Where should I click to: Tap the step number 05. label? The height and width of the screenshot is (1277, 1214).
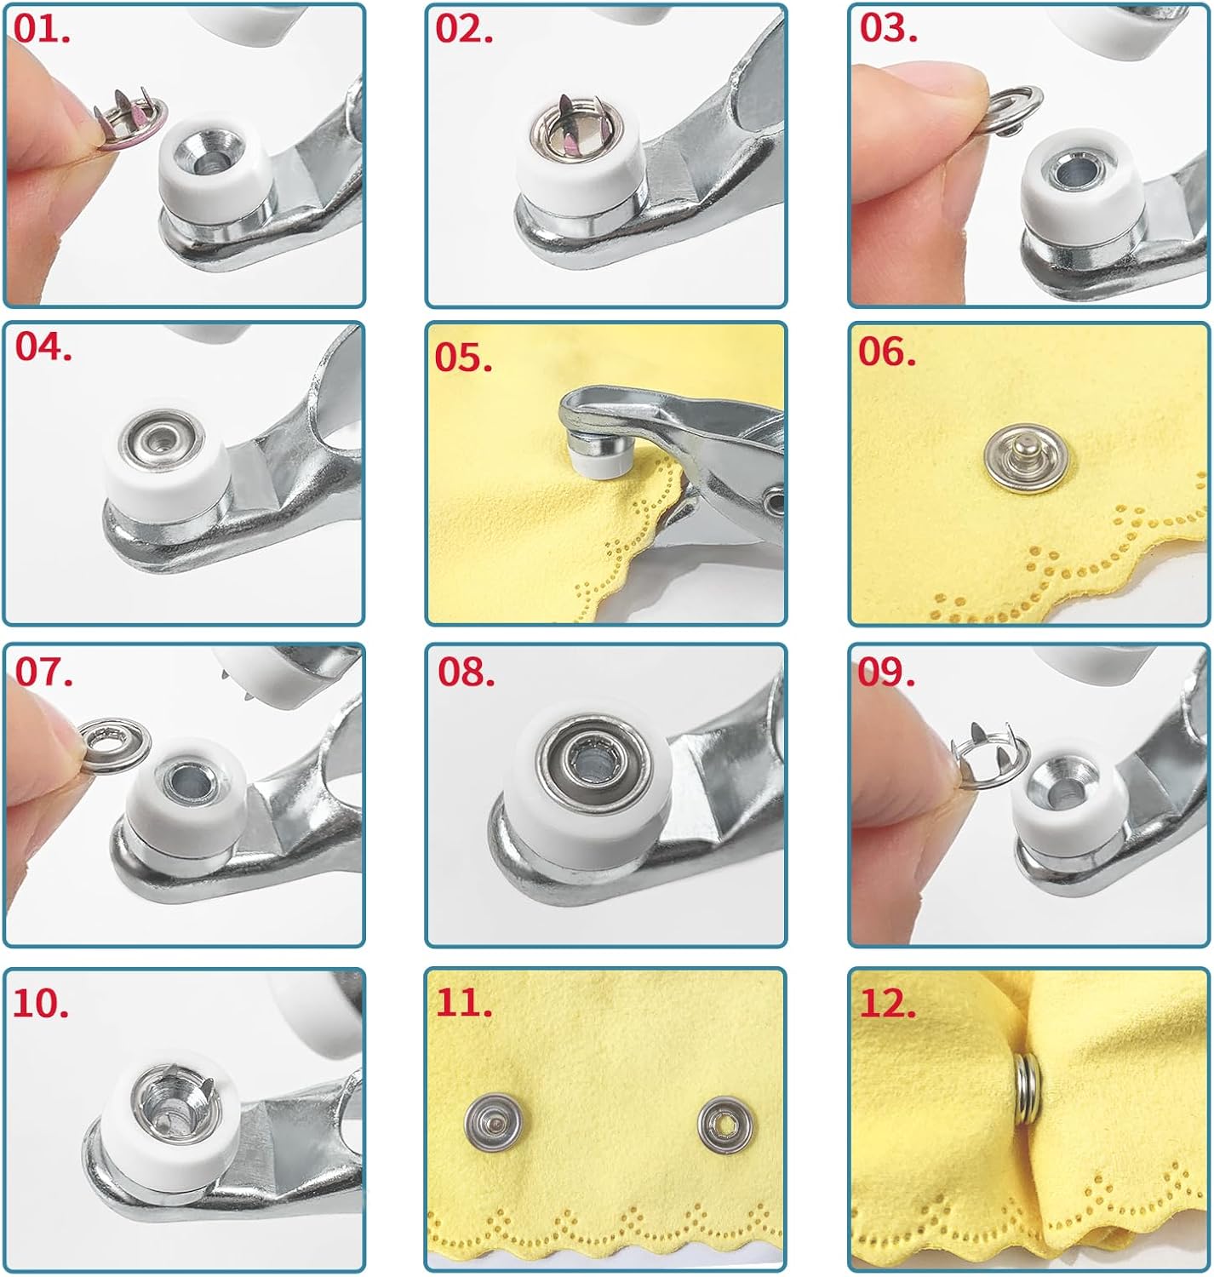pos(463,358)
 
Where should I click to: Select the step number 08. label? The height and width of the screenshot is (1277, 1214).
pos(466,673)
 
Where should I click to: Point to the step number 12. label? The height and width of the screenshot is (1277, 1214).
pos(888,1005)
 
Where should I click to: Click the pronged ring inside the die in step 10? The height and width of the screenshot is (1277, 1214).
pos(169,1097)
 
